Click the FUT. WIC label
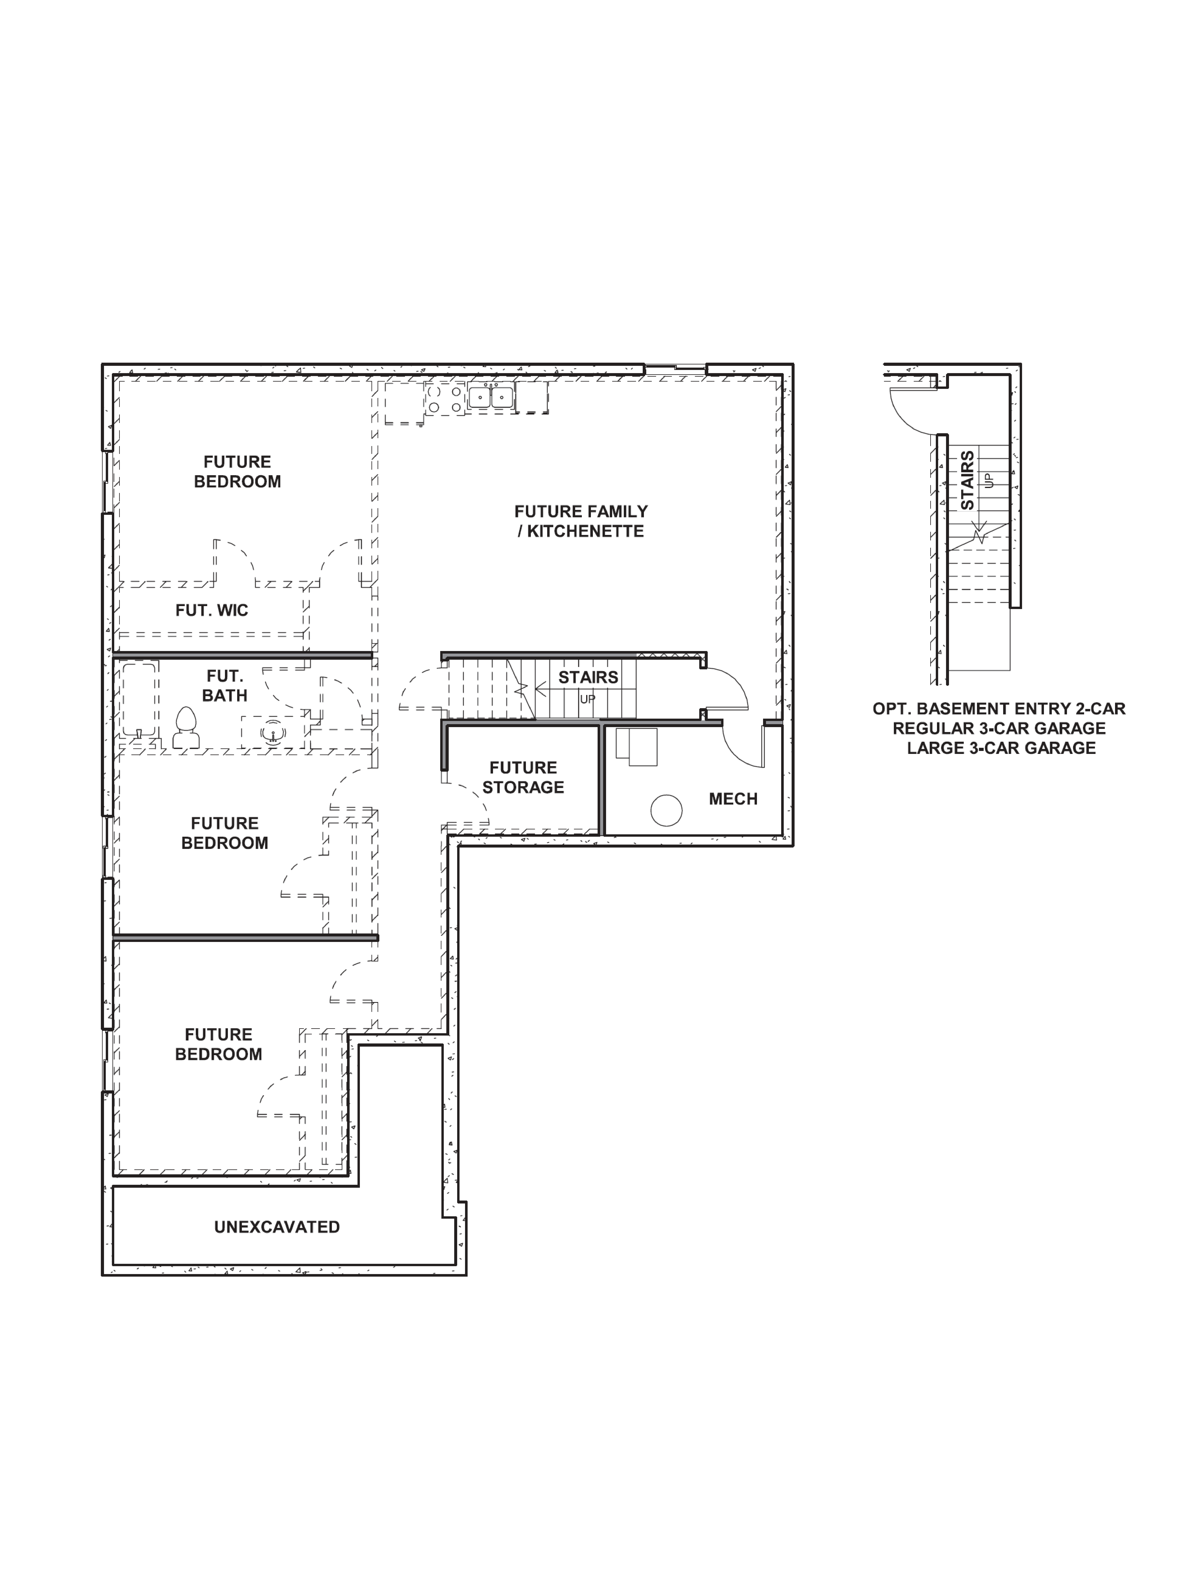click(x=212, y=610)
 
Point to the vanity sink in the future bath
click(x=272, y=732)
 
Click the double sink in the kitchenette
click(x=491, y=397)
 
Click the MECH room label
click(x=733, y=799)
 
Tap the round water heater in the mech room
click(x=666, y=811)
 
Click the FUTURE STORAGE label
click(x=523, y=778)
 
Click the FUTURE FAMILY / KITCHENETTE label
click(x=581, y=521)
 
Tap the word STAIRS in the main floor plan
click(x=588, y=677)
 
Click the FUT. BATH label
click(x=224, y=686)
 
